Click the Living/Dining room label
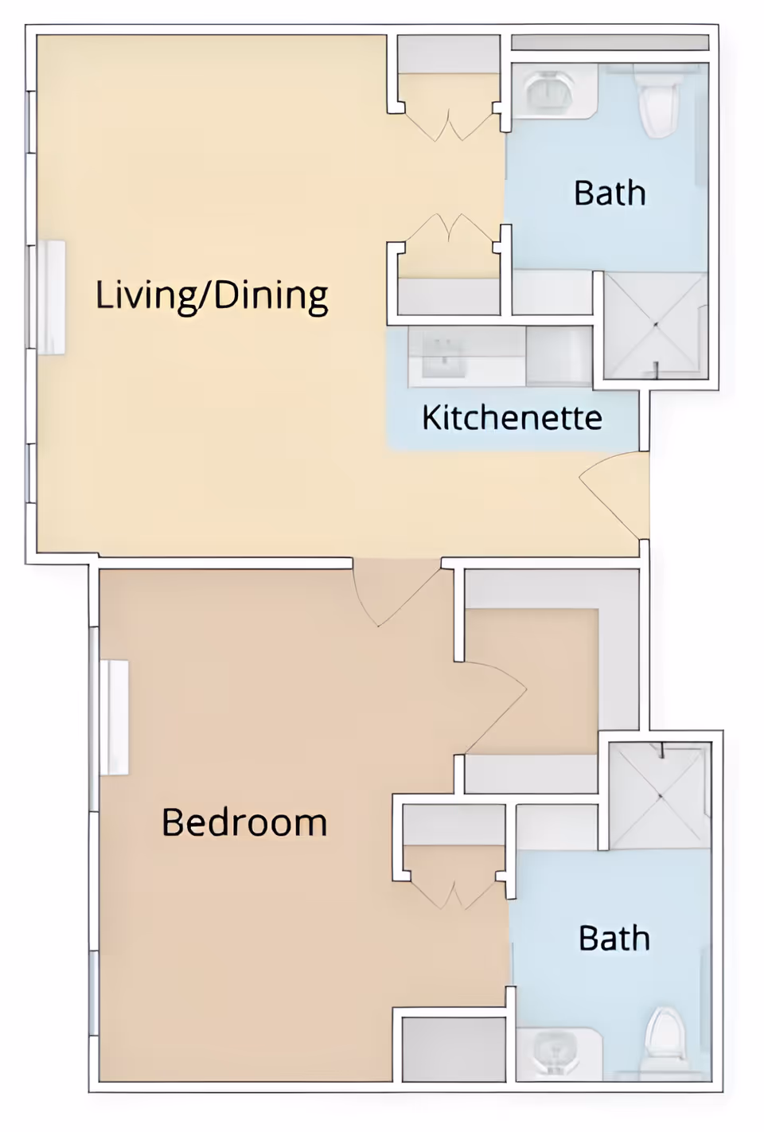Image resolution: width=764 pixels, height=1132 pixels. coord(212,295)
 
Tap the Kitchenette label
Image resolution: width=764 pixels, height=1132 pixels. coord(512,418)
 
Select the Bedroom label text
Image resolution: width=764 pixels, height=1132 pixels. coord(244,822)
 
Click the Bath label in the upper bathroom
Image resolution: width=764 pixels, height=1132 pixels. coord(610,193)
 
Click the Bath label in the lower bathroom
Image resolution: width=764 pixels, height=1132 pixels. coord(614,939)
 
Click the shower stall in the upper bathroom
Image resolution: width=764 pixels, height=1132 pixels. coord(655,325)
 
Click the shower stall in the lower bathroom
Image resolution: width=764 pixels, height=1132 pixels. coord(659,794)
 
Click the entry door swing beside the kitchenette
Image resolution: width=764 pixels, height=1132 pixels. coord(613,494)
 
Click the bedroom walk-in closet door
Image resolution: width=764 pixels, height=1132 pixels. coord(495,705)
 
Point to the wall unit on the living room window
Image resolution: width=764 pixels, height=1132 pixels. coord(51,297)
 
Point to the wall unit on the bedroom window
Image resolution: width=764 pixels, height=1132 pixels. coord(115,717)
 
